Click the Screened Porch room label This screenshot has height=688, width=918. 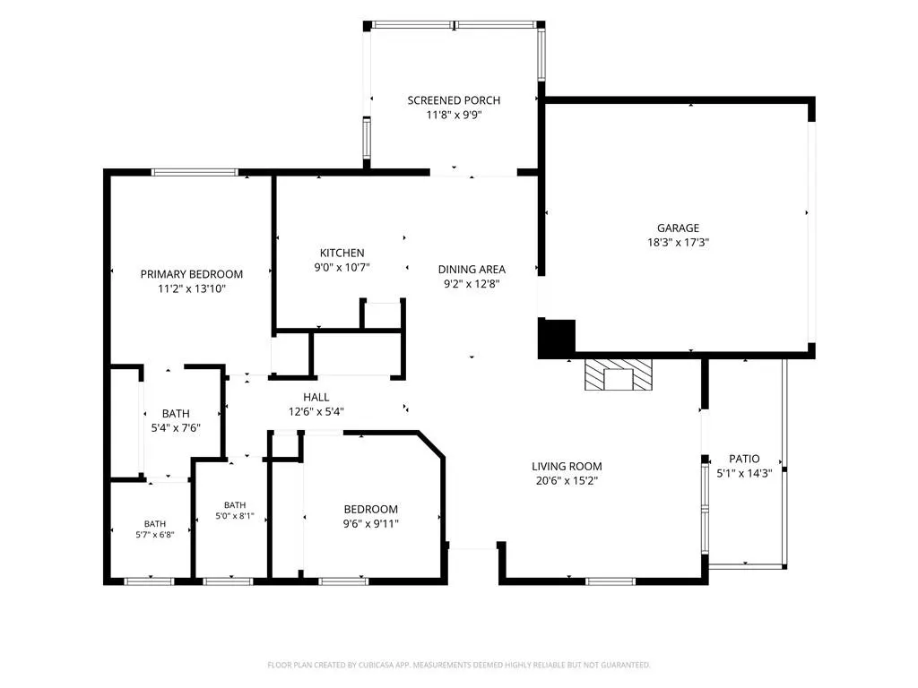point(454,100)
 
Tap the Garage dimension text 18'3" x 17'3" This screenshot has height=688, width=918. point(678,242)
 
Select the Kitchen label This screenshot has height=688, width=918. point(342,253)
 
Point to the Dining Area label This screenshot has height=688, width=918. point(472,269)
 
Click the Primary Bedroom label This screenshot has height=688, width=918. point(192,274)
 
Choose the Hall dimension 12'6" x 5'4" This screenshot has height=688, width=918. point(316,411)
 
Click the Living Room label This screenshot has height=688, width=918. point(567,466)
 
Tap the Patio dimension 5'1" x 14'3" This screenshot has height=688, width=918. point(745,473)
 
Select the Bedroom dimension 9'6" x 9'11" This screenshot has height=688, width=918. point(370,523)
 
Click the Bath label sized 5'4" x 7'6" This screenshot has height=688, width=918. point(176,414)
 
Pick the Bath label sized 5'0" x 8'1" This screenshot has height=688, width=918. point(235,505)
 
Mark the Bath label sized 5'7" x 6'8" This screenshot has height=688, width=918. point(155,523)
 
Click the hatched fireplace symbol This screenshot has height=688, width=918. point(619,374)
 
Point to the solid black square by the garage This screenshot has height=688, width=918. point(557,338)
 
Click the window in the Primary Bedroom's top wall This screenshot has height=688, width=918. point(195,172)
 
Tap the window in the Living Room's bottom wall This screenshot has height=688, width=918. point(611,581)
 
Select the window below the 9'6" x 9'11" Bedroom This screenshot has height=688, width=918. point(343,581)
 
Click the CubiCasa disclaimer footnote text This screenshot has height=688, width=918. point(459,665)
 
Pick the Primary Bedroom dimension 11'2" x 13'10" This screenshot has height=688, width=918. point(192,288)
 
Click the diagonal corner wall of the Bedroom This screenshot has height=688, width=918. point(431,444)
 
